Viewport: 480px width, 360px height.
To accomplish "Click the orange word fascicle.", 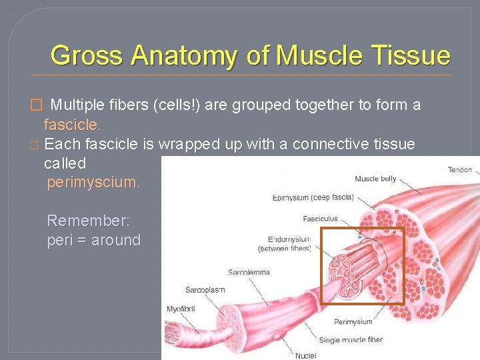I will coord(72,124).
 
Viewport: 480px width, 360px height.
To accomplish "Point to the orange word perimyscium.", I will coord(93,182).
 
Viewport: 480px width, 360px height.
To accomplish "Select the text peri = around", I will coord(93,240).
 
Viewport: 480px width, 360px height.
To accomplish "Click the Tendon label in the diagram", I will coord(460,170).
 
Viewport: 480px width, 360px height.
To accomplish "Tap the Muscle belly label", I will coord(375,179).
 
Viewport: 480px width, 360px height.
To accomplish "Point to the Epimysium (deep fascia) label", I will coord(313,197).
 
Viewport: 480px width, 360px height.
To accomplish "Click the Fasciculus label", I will coord(320,219).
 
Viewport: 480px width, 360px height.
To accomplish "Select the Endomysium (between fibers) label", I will coord(285,243).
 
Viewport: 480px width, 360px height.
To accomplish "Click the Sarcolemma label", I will coord(249,272).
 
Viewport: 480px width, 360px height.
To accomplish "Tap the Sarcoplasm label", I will coord(205,290).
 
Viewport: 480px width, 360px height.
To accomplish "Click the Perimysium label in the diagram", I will coord(353,322).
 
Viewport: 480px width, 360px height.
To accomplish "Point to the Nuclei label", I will coord(306,355).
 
